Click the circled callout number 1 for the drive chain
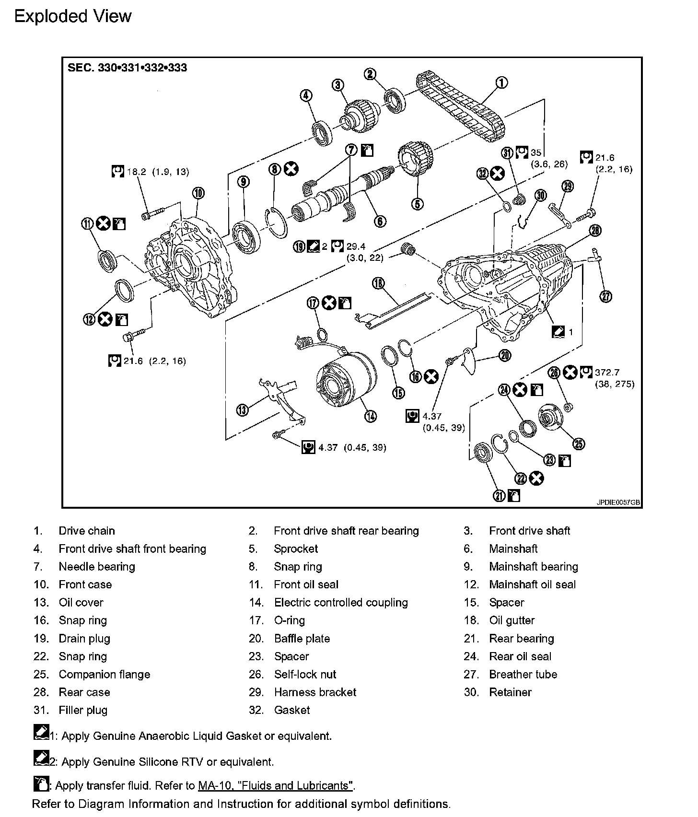tap(501, 83)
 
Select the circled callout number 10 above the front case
tap(198, 193)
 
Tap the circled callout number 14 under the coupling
tap(370, 416)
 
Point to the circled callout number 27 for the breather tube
tap(606, 297)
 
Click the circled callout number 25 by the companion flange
tap(579, 444)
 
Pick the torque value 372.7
tap(607, 373)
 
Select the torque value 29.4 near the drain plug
tap(356, 246)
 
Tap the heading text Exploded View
tap(73, 17)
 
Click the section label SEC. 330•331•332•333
tap(128, 68)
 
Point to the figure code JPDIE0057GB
tap(618, 502)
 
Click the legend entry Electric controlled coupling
tap(341, 603)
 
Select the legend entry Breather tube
tap(523, 675)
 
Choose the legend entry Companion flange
tap(105, 675)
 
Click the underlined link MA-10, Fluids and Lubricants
tap(276, 786)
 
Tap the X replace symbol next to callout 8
tap(291, 169)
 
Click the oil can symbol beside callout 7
tap(367, 150)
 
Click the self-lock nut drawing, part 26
tap(570, 408)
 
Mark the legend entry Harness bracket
tap(315, 692)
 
